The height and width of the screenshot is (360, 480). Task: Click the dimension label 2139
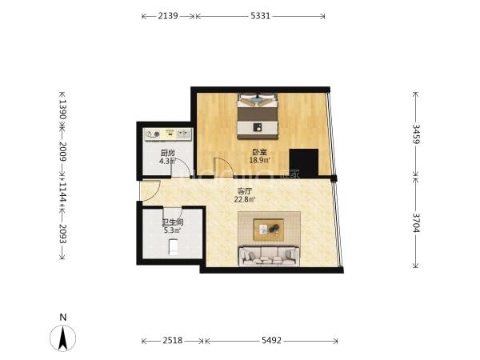click(168, 16)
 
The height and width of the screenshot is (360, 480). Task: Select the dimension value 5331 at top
click(261, 16)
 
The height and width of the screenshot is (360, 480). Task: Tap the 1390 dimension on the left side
click(62, 110)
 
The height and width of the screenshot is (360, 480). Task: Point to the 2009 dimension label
click(62, 151)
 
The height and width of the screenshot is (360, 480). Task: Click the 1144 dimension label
click(62, 192)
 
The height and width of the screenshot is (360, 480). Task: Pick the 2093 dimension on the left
click(62, 234)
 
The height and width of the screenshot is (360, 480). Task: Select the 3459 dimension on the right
click(416, 134)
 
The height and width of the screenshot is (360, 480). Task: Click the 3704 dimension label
click(416, 222)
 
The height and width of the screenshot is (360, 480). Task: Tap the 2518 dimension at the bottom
click(173, 340)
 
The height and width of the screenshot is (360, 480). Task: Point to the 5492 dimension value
click(271, 340)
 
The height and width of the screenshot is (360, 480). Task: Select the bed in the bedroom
click(258, 116)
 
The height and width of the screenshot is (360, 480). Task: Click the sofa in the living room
click(269, 256)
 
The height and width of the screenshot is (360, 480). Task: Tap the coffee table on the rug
click(269, 230)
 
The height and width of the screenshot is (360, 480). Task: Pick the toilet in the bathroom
click(174, 247)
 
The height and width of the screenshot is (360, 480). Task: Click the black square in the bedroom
click(304, 162)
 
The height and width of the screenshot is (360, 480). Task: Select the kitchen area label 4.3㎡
click(167, 161)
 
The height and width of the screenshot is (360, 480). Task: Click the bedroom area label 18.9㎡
click(259, 160)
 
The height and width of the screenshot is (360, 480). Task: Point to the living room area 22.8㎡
click(245, 199)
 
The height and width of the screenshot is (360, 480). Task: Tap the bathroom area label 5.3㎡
click(172, 230)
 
